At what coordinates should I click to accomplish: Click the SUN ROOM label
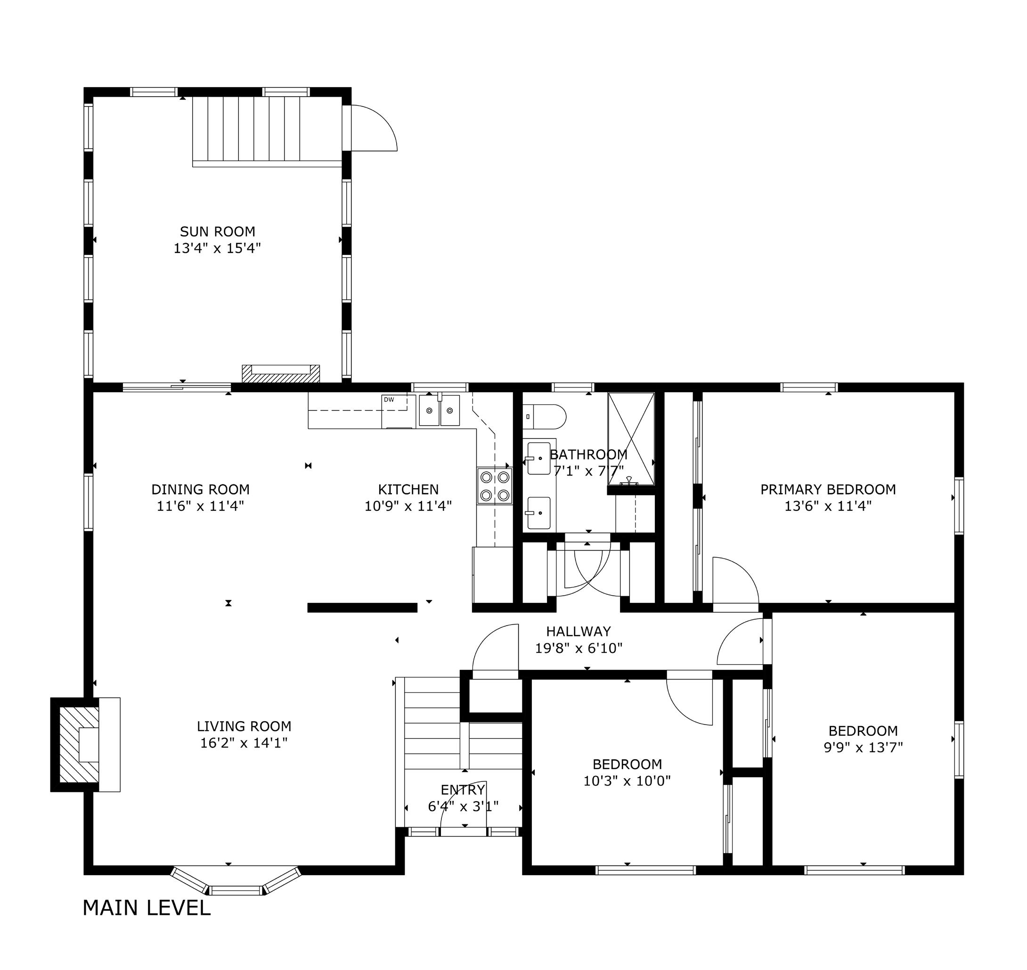click(x=218, y=231)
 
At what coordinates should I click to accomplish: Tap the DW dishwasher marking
click(x=389, y=400)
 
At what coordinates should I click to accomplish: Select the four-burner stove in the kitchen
click(x=495, y=485)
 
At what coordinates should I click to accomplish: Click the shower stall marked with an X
click(x=631, y=438)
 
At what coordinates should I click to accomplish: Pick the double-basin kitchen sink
click(x=440, y=410)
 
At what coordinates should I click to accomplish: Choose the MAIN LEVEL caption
click(x=147, y=908)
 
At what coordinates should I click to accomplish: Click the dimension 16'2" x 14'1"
click(x=244, y=743)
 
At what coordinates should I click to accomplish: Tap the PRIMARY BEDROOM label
click(x=828, y=489)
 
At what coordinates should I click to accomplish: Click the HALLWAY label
click(x=579, y=631)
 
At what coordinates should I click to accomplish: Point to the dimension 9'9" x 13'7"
click(x=863, y=747)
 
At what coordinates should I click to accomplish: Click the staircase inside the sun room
click(x=267, y=132)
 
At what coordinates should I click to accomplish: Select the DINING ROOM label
click(x=201, y=489)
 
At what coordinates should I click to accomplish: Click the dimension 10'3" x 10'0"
click(x=627, y=780)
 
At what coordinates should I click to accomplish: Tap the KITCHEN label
click(x=408, y=489)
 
